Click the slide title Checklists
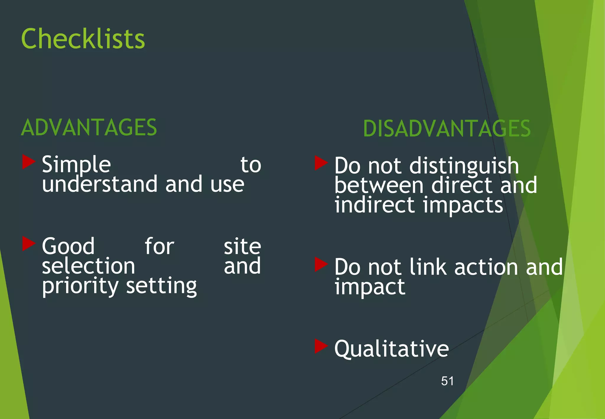coord(83,39)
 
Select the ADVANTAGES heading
coord(89,128)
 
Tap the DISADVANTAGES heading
coord(447,129)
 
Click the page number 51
coord(447,381)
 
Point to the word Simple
coord(76,165)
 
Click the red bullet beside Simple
coord(29,162)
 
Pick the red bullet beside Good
coord(29,244)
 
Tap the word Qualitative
coord(391,349)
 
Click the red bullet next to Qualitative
coord(321,346)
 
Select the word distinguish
coord(464,166)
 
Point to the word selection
coord(88,266)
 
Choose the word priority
coord(80,286)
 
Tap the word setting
coord(161,286)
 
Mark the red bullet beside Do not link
coord(321,264)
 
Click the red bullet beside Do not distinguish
coord(321,163)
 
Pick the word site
coord(242,246)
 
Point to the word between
coord(379,186)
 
